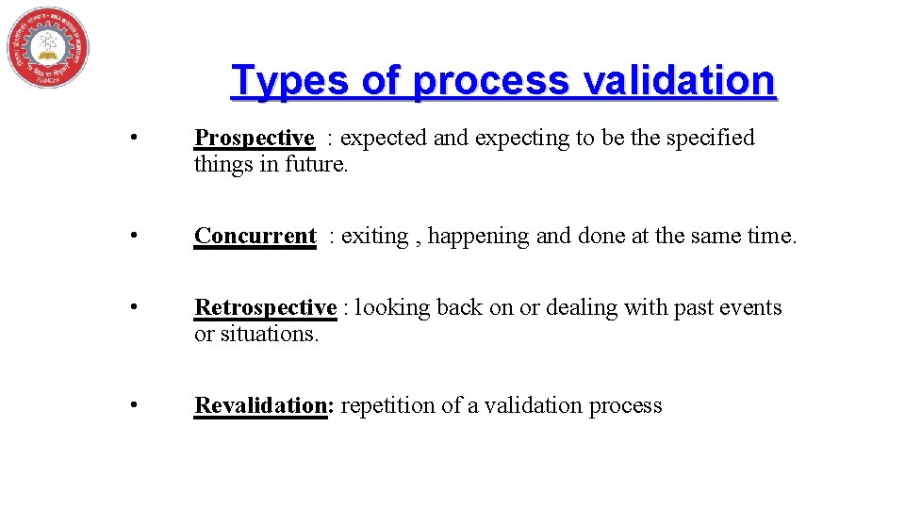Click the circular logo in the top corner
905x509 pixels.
click(47, 47)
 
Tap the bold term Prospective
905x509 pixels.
click(254, 138)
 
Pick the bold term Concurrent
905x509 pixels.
click(255, 236)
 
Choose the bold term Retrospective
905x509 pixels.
click(265, 307)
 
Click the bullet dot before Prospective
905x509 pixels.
click(137, 139)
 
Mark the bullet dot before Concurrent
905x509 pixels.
click(137, 237)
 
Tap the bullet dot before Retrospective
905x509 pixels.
click(137, 308)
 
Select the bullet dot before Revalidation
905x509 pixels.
click(137, 406)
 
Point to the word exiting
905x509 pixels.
click(374, 236)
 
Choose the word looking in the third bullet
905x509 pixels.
click(391, 308)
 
